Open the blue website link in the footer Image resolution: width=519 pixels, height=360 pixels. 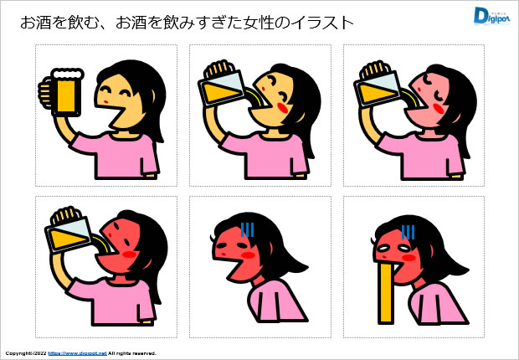click(78, 353)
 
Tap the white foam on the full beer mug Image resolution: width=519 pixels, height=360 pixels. click(67, 74)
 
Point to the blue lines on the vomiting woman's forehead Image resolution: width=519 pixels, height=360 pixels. click(408, 233)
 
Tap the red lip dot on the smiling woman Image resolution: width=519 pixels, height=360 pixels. click(105, 101)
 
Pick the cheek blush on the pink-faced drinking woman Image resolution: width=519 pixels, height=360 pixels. click(438, 109)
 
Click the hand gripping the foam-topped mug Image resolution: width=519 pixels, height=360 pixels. click(44, 93)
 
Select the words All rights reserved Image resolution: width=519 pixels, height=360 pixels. click(132, 353)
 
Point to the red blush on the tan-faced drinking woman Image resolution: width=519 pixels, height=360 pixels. click(282, 108)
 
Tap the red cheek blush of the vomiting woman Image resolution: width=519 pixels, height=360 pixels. click(409, 258)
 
